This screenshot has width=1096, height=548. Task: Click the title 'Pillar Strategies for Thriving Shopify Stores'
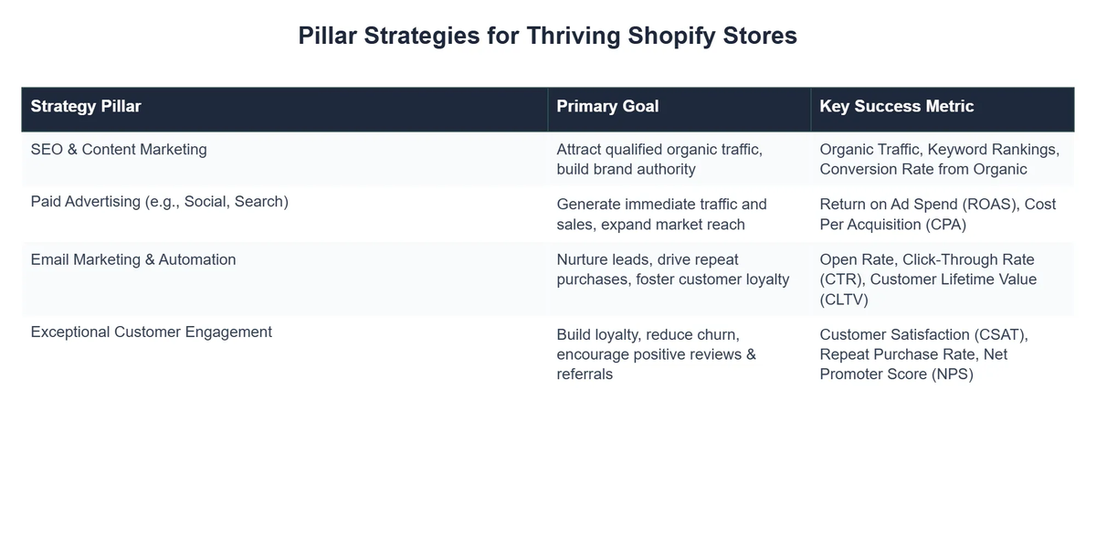click(547, 36)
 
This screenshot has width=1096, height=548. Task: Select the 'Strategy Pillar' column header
click(86, 106)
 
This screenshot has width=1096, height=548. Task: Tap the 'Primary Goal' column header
click(607, 106)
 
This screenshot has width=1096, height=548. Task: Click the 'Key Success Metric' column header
click(896, 106)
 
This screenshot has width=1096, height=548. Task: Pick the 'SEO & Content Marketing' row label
click(119, 150)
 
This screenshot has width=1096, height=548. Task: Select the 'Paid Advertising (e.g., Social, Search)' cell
click(159, 202)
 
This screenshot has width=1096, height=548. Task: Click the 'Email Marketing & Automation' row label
click(133, 259)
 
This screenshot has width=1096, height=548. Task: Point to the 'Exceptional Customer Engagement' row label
click(151, 332)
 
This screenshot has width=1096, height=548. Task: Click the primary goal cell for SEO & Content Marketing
click(659, 159)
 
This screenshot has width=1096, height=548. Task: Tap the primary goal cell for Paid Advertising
click(661, 214)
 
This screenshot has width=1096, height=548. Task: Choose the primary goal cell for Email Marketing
click(672, 269)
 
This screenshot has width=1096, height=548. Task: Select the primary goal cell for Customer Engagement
click(656, 353)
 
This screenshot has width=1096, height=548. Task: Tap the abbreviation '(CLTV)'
click(844, 299)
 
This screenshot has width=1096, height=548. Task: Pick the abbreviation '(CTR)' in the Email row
click(840, 279)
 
